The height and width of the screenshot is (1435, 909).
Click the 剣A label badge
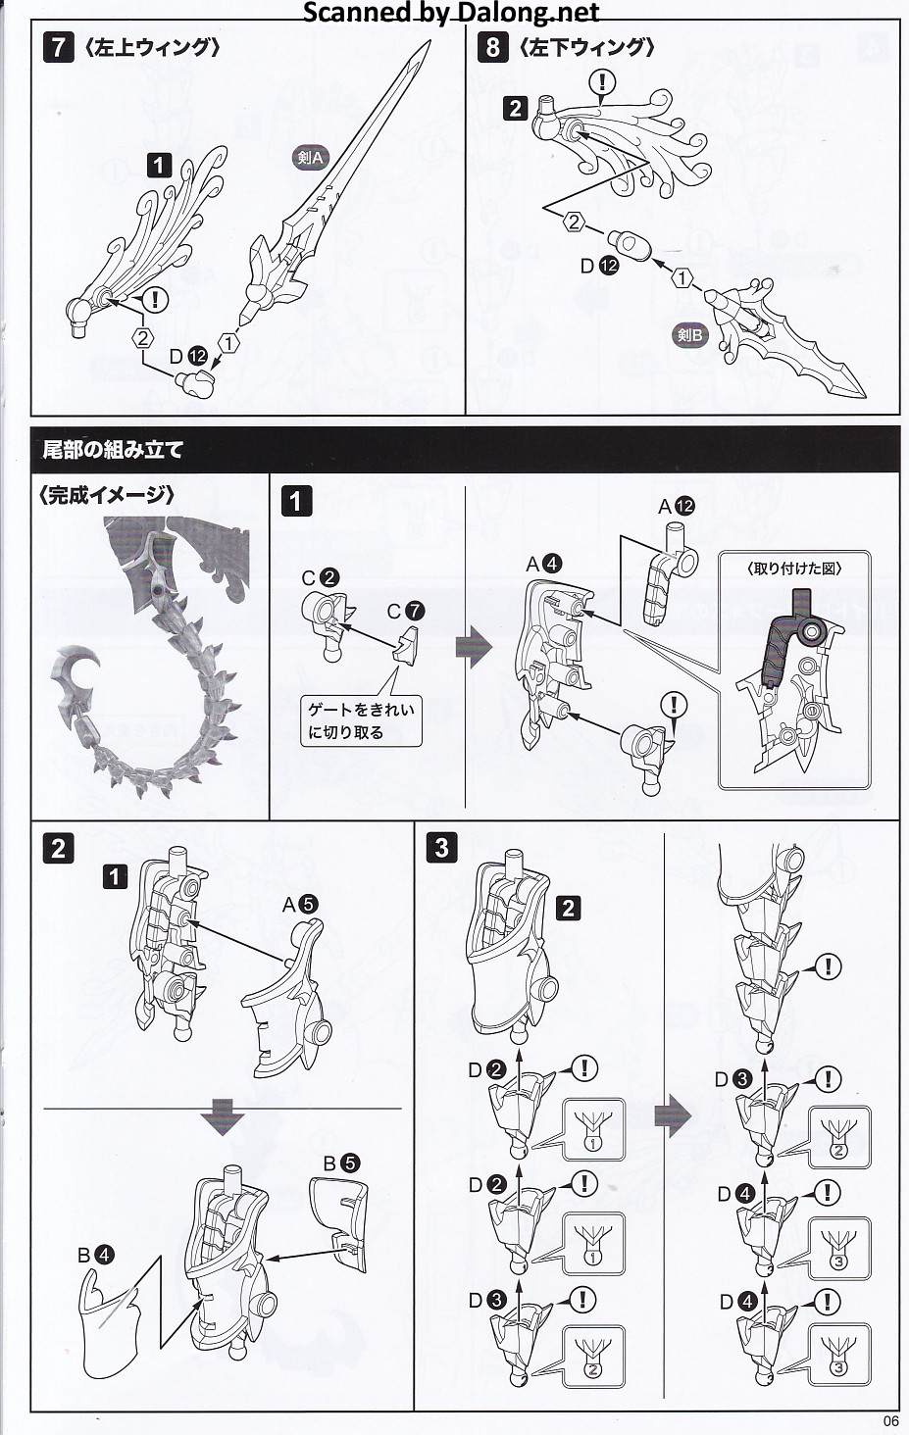click(x=310, y=157)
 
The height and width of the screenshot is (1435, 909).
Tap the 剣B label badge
click(x=690, y=335)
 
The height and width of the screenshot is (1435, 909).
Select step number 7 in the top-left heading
click(x=58, y=47)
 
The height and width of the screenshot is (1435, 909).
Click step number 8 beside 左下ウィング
click(x=492, y=47)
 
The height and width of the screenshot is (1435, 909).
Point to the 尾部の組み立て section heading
click(x=113, y=450)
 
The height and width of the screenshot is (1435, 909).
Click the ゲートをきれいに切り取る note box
click(x=362, y=720)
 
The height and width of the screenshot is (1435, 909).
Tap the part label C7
click(x=406, y=611)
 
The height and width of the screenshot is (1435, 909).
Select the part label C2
click(x=320, y=577)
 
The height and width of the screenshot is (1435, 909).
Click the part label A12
click(x=676, y=506)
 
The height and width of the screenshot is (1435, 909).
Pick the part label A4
click(x=543, y=564)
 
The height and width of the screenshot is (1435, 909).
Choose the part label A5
click(x=300, y=905)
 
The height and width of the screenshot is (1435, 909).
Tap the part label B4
click(x=95, y=1254)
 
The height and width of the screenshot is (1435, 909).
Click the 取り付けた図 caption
click(x=794, y=568)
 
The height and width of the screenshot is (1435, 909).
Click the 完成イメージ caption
click(x=108, y=495)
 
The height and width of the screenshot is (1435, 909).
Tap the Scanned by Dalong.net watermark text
click(x=450, y=13)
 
